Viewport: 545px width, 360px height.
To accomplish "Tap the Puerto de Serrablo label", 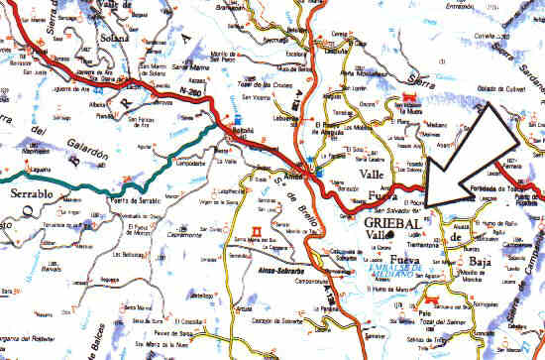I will click(x=118, y=201).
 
